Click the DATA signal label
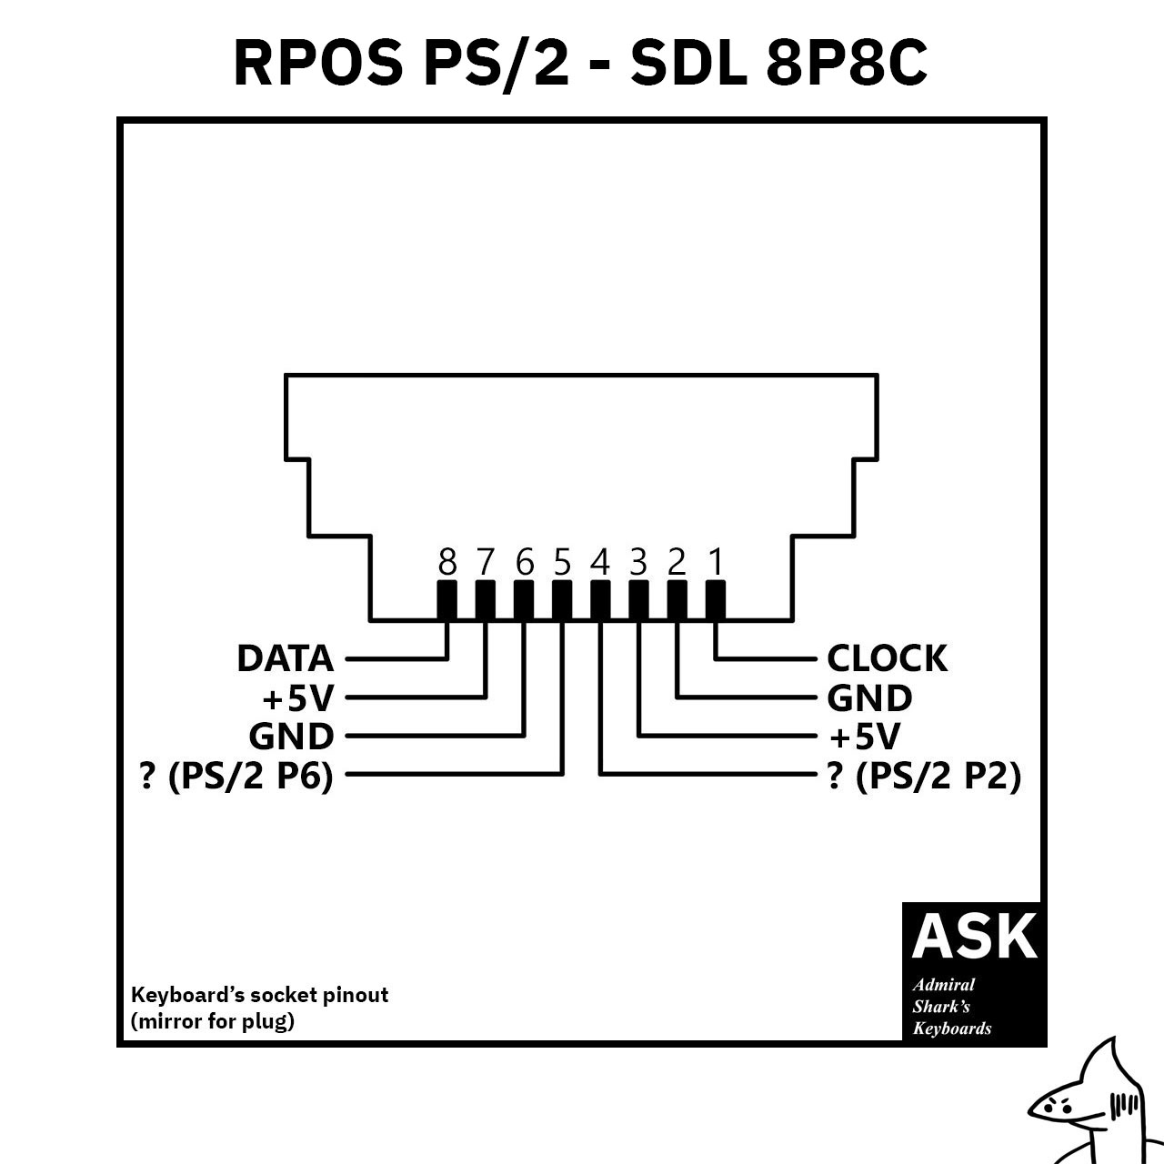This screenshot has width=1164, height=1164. coord(286,658)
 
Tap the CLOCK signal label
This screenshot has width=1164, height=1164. coord(887,658)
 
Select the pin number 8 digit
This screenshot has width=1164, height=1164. coord(447,562)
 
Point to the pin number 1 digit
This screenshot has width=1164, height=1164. coord(716,562)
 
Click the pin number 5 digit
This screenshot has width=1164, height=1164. coord(562,562)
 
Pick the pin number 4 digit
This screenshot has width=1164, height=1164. coord(600,562)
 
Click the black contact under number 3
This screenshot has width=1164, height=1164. coord(638,600)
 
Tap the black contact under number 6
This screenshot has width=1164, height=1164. coord(524,600)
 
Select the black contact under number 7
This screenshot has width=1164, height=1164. coord(485,600)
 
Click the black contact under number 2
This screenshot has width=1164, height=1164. coord(677,600)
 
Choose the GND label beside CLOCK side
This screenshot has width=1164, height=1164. coord(869,698)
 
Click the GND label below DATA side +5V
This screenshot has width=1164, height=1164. coord(291,737)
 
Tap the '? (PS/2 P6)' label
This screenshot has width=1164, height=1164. coord(236,777)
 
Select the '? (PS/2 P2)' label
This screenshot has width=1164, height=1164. coord(924,777)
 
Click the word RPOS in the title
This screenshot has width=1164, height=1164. coord(318,63)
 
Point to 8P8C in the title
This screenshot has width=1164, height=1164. coord(847,63)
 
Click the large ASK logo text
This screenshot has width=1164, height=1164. coord(974,937)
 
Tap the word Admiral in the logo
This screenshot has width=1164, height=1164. coord(944,985)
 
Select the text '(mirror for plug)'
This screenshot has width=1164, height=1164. coord(213,1021)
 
